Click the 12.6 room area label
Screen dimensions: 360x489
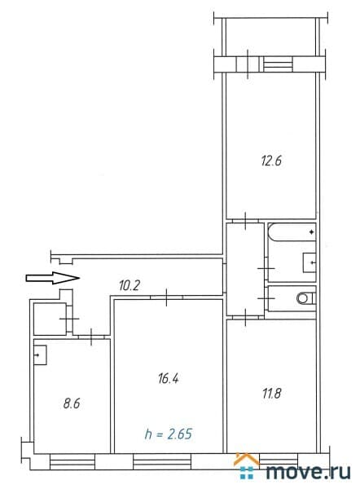pos(271,161)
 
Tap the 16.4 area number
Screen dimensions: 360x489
pos(169,378)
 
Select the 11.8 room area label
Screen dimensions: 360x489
pos(271,394)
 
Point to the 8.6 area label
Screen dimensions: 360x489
pos(72,403)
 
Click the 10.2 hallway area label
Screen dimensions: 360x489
pos(130,285)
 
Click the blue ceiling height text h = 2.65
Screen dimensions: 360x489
pos(169,434)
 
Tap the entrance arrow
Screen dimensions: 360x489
pos(52,278)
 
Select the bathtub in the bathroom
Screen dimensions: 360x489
pos(292,232)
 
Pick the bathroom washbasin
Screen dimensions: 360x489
pos(310,262)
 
